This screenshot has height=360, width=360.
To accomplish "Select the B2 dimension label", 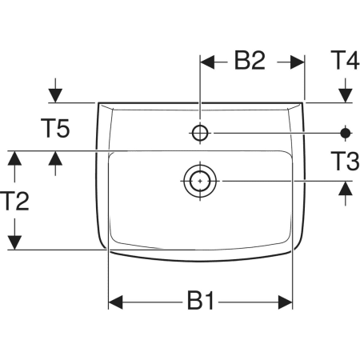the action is point(250,61).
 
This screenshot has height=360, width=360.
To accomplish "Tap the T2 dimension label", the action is point(14,201).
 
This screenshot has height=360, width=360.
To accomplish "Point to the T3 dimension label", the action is point(345,161).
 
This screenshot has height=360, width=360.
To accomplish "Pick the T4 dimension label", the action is point(345,60).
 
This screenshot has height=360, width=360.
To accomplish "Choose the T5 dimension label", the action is point(55,128).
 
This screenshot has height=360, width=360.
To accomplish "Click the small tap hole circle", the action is point(200,133).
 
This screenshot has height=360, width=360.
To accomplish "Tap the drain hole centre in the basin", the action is point(200,181).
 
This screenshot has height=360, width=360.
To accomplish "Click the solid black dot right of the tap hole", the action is point(346,133).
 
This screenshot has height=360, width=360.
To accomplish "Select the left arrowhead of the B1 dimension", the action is point(115,302).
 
